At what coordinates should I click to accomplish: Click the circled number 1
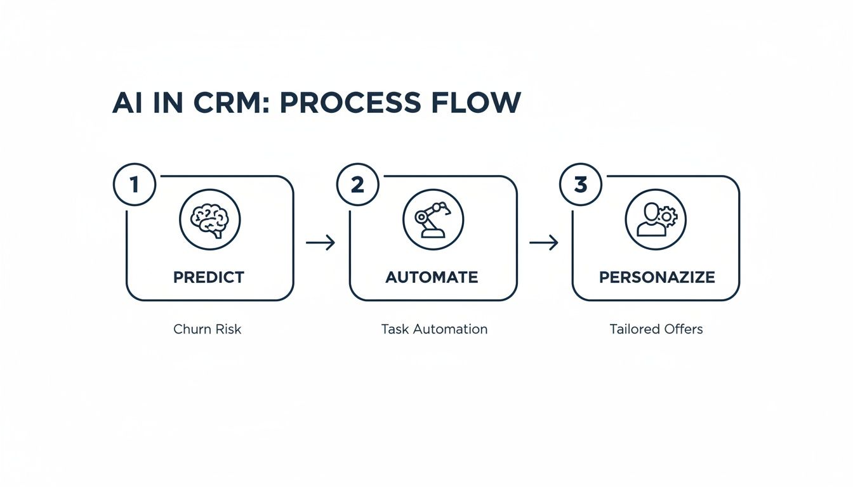134,184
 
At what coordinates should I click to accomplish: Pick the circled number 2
357,184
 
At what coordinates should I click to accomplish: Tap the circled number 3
580,184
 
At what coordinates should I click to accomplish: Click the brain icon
209,219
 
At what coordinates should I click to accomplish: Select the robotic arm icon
433,219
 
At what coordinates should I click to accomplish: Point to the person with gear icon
656,219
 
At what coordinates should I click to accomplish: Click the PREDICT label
209,277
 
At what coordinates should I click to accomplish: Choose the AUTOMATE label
432,277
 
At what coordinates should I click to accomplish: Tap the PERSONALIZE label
656,277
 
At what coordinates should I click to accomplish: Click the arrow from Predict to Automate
321,242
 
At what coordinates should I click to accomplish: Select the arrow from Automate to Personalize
544,242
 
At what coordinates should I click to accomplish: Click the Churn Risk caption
207,330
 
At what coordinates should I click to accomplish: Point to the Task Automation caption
434,330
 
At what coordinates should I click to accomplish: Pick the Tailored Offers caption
656,330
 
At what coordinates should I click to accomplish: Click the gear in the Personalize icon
667,216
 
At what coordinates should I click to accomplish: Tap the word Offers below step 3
680,330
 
